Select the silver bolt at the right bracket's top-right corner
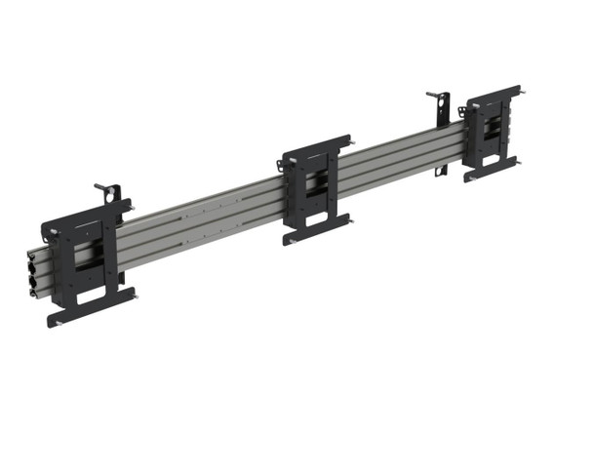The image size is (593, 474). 522,95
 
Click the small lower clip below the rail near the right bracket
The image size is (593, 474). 442,171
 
